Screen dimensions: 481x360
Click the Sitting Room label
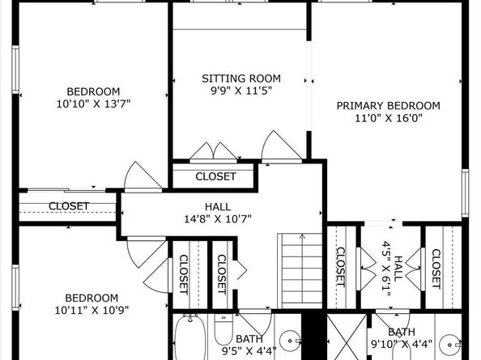(241, 78)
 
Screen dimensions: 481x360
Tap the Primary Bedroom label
(389, 106)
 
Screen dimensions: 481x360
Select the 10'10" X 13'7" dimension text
(93, 104)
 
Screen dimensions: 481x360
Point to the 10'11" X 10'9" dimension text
(92, 311)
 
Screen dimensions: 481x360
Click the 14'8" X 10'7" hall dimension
(218, 219)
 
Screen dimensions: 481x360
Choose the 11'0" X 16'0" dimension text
(389, 118)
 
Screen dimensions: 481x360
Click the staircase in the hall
(300, 271)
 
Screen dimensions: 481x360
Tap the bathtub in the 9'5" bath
(190, 337)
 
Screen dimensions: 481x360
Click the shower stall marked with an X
(347, 337)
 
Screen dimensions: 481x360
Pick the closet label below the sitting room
(215, 176)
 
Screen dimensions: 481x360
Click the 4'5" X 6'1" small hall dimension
(386, 269)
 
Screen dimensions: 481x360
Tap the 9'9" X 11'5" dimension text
(241, 91)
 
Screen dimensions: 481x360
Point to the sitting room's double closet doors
(214, 151)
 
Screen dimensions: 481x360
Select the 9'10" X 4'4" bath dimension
(402, 344)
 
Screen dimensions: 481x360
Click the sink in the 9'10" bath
(449, 345)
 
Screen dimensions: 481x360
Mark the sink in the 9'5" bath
(290, 341)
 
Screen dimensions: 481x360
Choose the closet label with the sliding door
(69, 206)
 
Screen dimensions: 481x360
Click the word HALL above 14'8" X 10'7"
(218, 207)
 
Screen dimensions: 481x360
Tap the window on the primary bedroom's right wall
(466, 193)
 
